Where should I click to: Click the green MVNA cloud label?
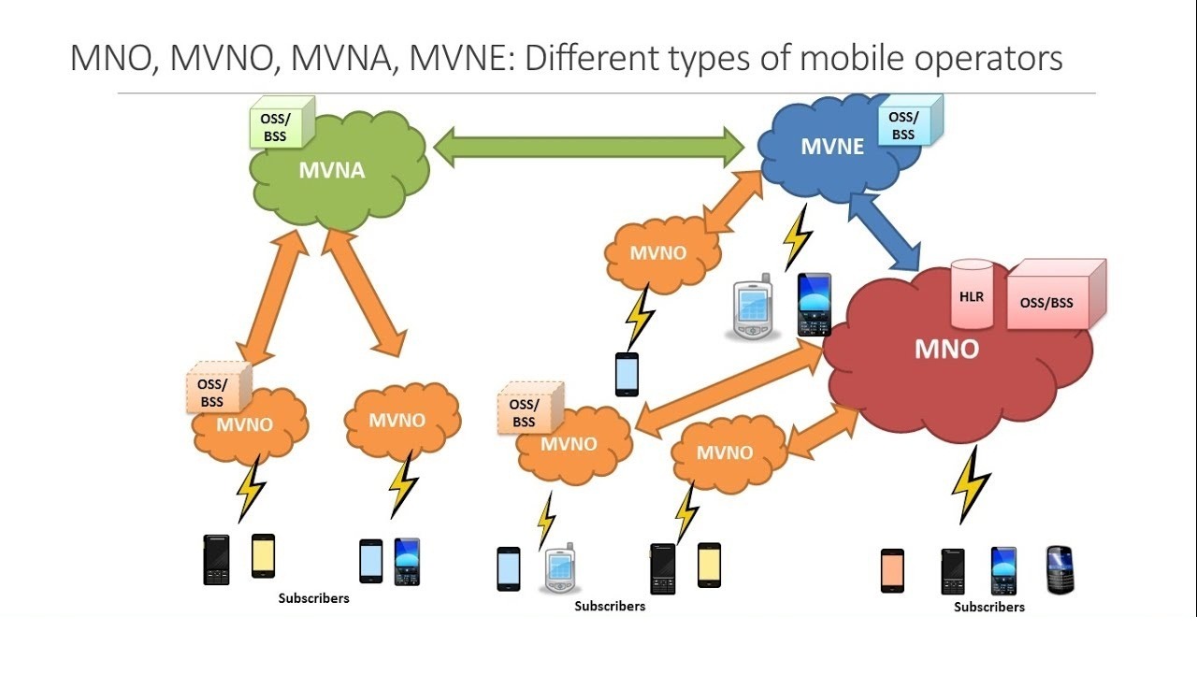click(331, 171)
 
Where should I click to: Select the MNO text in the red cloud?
click(946, 350)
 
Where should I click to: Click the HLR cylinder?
click(972, 295)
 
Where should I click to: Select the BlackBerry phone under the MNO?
click(1060, 569)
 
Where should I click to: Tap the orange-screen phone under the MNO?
click(892, 570)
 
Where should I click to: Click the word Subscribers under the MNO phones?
click(988, 607)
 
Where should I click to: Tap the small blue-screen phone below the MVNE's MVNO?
click(627, 374)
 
